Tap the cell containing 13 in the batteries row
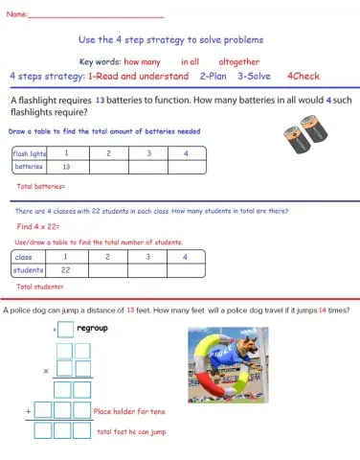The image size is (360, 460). pyautogui.click(x=66, y=167)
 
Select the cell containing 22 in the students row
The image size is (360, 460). pyautogui.click(x=66, y=270)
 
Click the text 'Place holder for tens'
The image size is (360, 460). pyautogui.click(x=131, y=410)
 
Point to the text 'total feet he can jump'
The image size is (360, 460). pyautogui.click(x=134, y=432)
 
